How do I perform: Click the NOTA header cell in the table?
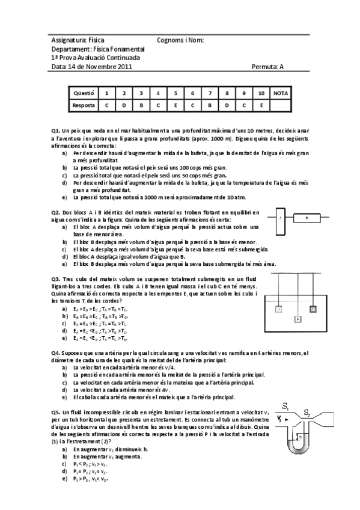pyautogui.click(x=280, y=93)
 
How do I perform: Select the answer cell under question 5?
pyautogui.click(x=175, y=105)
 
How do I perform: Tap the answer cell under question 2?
pyautogui.click(x=123, y=105)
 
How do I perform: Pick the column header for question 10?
pyautogui.click(x=261, y=93)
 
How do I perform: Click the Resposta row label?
pyautogui.click(x=84, y=105)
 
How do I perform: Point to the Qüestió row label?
pyautogui.click(x=84, y=93)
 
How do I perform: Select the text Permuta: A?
pyautogui.click(x=267, y=67)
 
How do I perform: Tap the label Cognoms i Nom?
pyautogui.click(x=180, y=40)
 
